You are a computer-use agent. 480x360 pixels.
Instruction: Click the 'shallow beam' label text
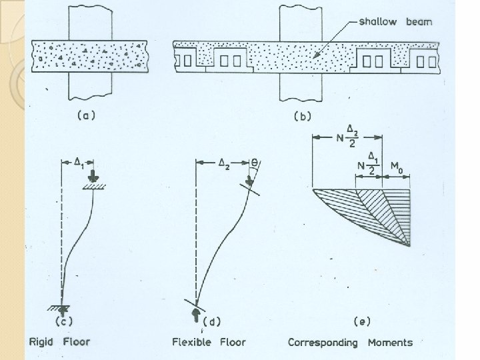395,21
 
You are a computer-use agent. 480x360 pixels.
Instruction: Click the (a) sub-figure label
86,115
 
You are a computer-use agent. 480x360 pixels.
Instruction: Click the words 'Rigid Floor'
60,343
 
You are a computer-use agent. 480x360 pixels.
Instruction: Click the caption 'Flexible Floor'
208,343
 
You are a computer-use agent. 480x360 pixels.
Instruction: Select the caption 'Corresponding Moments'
350,343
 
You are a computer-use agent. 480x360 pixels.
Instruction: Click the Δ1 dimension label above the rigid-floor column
78,161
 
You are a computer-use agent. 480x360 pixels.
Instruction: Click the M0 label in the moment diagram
396,165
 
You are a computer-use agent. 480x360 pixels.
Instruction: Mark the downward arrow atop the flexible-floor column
250,180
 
